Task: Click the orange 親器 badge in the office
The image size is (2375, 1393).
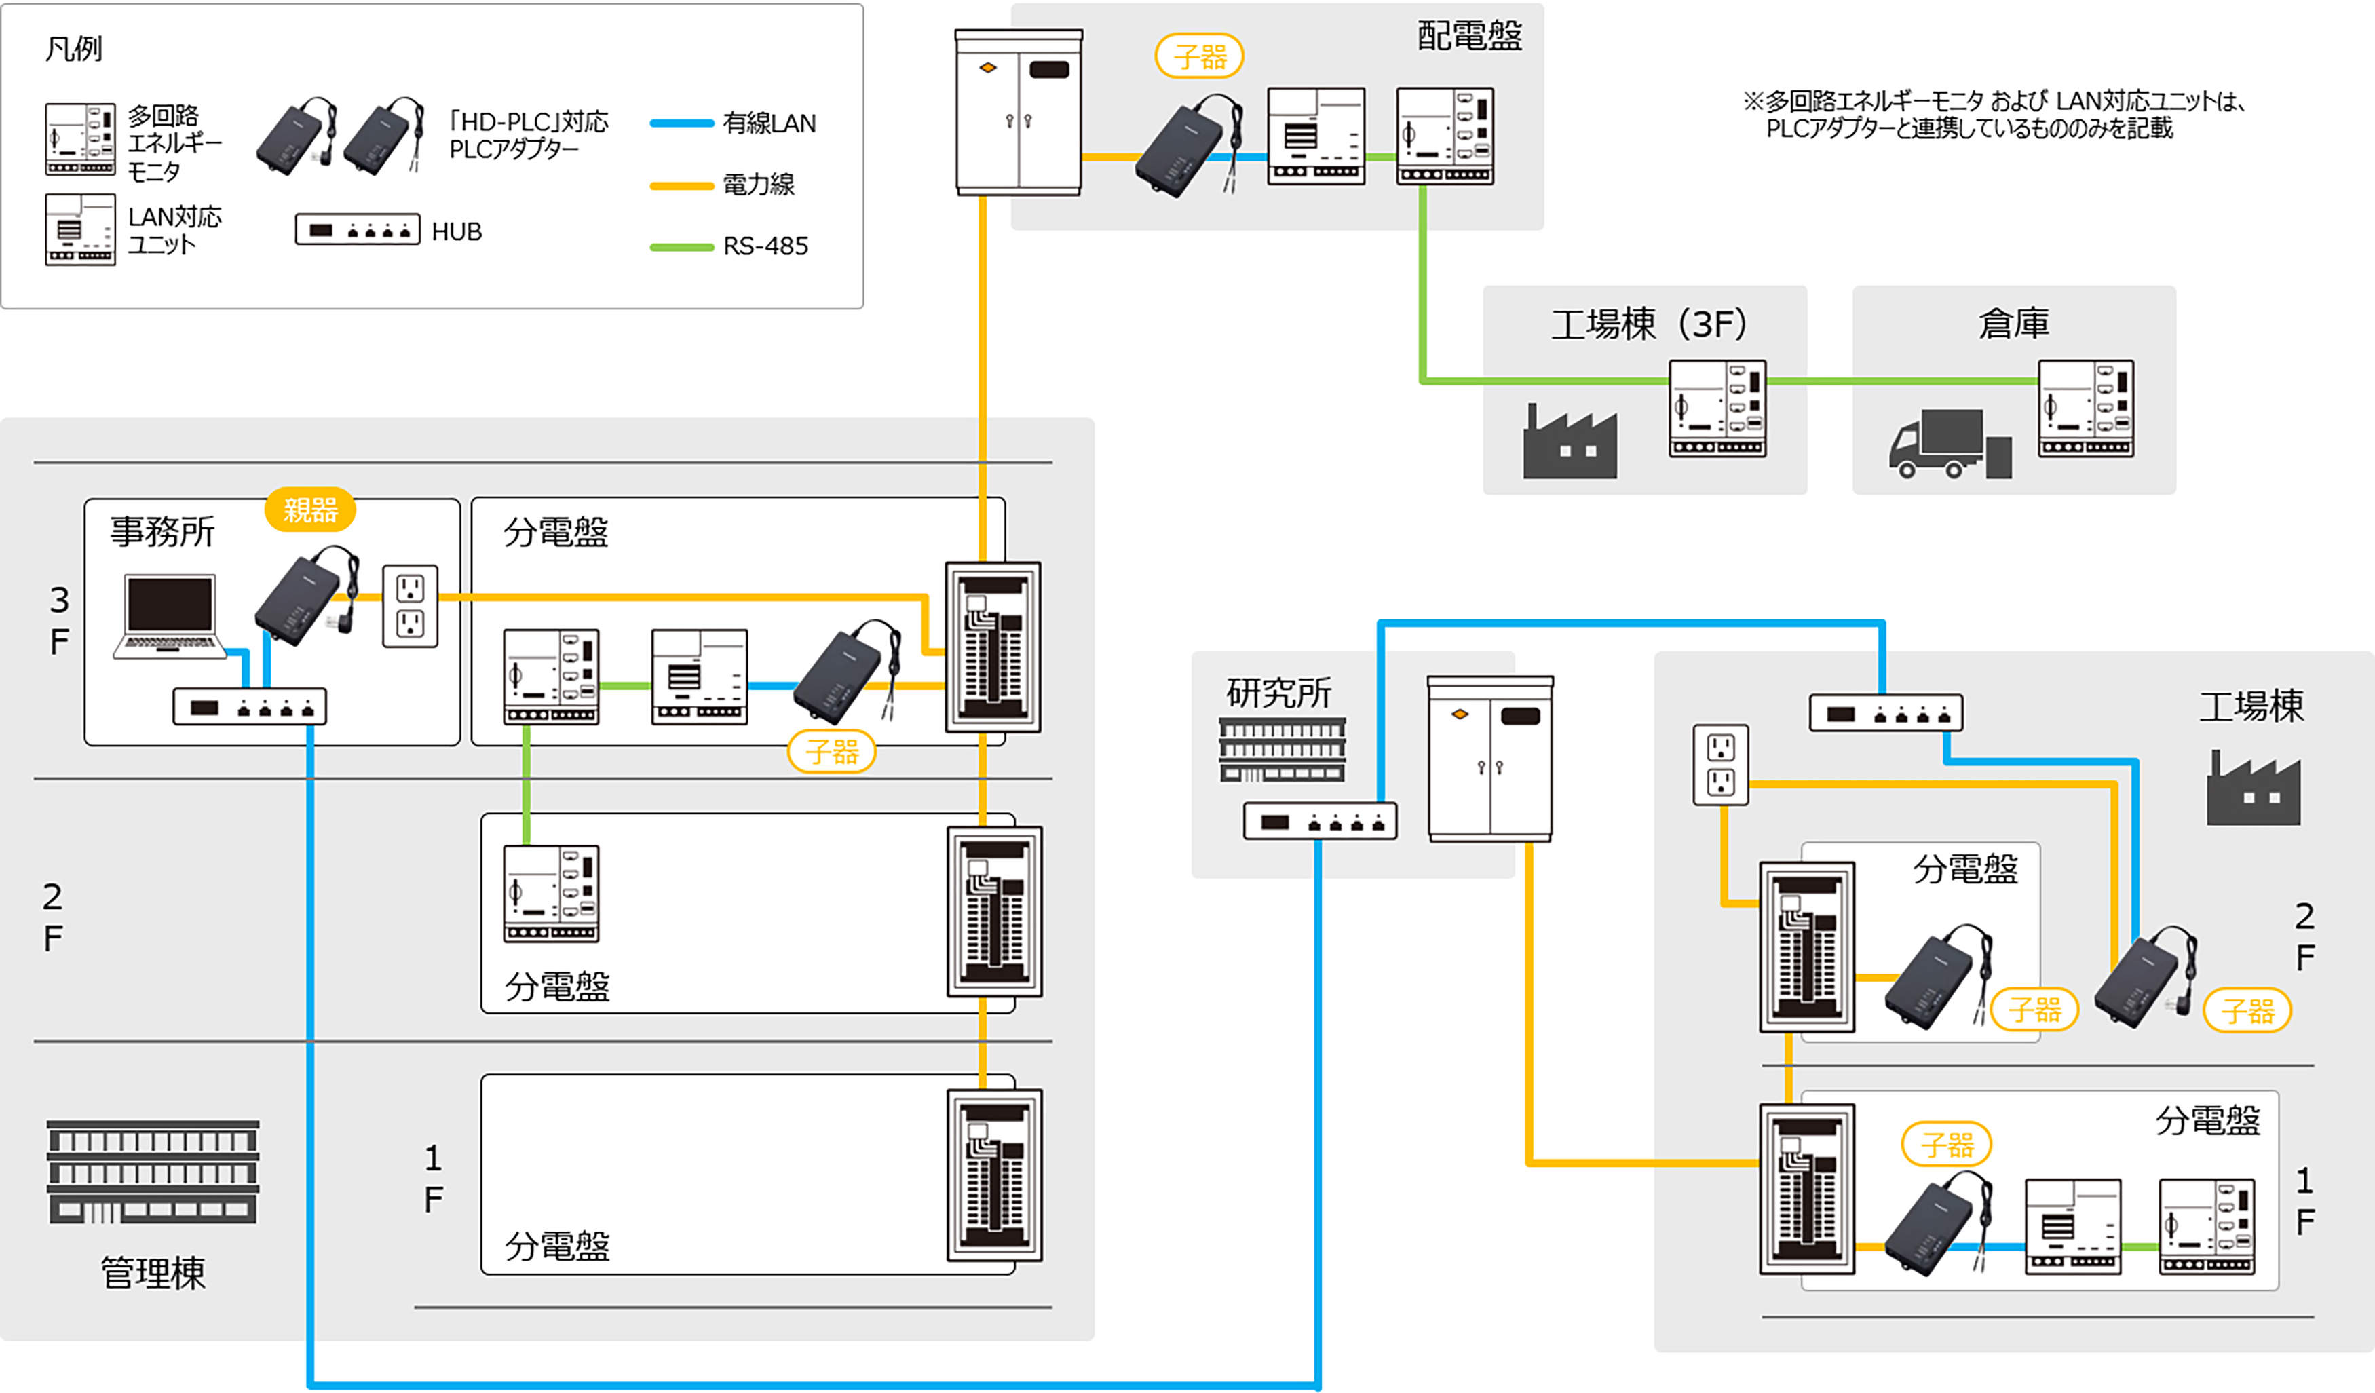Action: coord(310,510)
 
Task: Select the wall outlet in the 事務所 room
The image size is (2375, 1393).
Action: coord(410,606)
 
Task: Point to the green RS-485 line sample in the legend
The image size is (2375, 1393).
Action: coord(681,247)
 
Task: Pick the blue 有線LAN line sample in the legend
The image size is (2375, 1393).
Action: coord(681,123)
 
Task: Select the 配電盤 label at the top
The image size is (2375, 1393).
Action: coord(1469,36)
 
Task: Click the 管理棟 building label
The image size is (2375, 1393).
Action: coord(153,1272)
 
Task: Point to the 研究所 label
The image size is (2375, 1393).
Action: coord(1278,693)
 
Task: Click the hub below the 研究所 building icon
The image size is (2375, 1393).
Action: coord(1319,821)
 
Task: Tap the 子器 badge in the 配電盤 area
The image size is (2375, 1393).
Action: coord(1199,56)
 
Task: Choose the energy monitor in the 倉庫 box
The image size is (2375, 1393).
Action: coord(2086,409)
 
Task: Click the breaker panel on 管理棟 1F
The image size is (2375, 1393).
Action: coord(994,1175)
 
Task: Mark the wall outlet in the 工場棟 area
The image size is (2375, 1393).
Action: coord(1721,765)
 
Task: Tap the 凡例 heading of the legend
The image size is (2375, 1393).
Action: coord(73,48)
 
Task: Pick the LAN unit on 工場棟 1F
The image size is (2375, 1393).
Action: coord(2072,1226)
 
